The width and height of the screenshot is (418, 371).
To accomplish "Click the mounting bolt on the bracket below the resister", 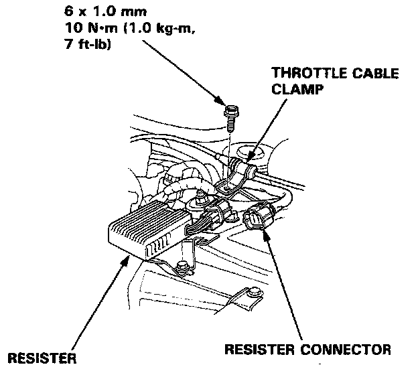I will (182, 269).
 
